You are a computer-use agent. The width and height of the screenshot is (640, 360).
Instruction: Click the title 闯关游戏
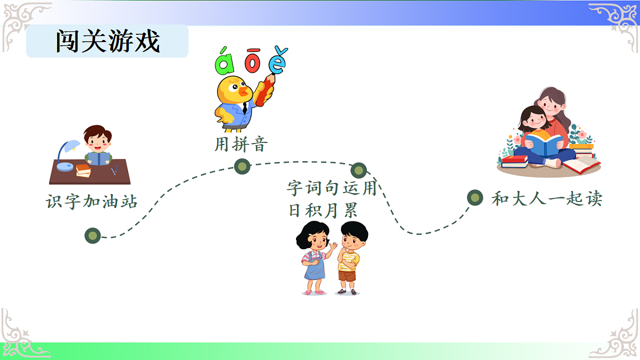(107, 41)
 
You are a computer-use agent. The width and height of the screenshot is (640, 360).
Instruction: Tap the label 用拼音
(241, 145)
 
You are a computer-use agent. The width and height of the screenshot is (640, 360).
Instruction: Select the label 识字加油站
(92, 202)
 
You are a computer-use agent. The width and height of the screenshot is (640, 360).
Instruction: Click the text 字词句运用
(331, 188)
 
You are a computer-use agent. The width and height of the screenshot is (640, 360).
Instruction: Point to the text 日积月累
(323, 211)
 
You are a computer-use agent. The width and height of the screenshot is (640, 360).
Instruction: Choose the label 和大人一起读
(547, 199)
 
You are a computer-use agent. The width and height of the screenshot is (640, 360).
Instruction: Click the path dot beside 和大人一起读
(475, 198)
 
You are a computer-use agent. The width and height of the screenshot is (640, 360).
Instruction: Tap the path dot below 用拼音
(242, 166)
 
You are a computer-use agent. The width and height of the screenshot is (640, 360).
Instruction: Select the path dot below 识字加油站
(93, 235)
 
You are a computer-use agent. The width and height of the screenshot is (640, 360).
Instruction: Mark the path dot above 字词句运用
(358, 170)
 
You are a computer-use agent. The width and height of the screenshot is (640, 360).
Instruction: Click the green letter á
(225, 62)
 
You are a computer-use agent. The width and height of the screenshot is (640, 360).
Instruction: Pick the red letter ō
(252, 61)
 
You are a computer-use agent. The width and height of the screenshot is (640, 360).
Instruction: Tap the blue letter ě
(278, 61)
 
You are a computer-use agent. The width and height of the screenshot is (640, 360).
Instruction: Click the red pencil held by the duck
(265, 89)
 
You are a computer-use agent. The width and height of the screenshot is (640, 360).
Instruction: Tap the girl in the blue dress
(314, 258)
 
